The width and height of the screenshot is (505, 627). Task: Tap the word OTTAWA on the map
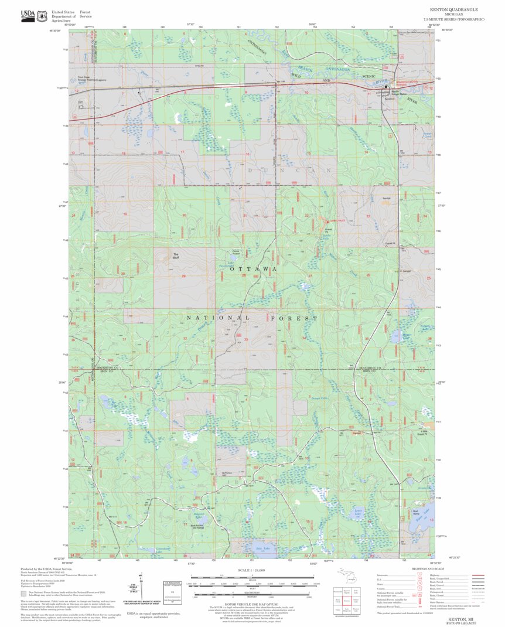(x=252, y=269)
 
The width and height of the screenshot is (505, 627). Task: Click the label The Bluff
(x=175, y=255)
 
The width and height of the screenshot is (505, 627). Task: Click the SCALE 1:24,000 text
(x=252, y=570)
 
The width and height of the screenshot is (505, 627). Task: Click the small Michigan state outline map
(x=351, y=577)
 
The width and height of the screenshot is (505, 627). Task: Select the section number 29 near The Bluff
(x=183, y=276)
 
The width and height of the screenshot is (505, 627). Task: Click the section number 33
(x=246, y=339)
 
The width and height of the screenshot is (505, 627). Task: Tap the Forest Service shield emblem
(x=42, y=14)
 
